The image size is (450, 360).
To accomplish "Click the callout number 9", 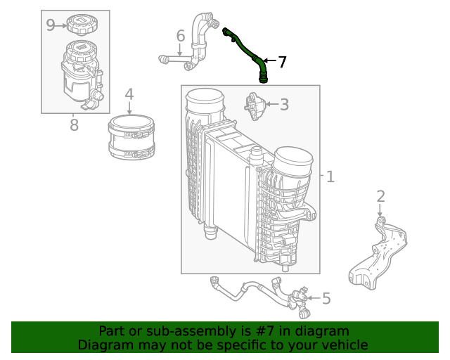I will click(x=51, y=25).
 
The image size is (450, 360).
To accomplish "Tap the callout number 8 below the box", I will click(x=74, y=126).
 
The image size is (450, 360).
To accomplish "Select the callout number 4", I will click(x=129, y=94).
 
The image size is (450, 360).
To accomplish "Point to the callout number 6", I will click(x=180, y=35).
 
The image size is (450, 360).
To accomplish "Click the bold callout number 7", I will click(x=282, y=62).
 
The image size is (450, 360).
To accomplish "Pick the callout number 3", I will click(x=284, y=105).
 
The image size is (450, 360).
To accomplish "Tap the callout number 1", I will click(x=330, y=176).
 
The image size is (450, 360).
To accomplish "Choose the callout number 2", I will click(x=380, y=196).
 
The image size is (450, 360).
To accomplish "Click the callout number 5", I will click(x=326, y=299).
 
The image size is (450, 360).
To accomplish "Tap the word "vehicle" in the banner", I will click(x=342, y=345).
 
